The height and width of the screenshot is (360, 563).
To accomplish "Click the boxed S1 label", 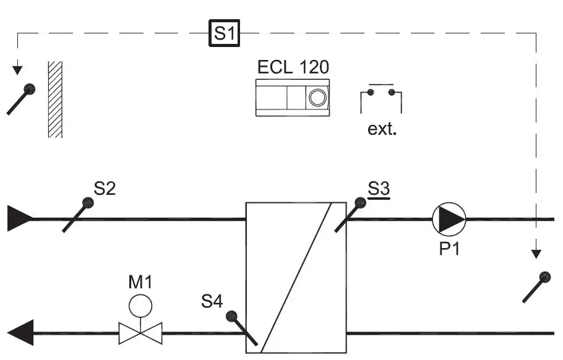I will (225, 33).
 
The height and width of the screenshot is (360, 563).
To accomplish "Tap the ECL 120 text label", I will (293, 67).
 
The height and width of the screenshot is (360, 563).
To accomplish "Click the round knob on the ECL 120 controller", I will (319, 98).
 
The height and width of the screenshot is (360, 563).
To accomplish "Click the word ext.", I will (381, 131).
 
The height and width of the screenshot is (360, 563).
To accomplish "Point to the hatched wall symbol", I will (56, 99).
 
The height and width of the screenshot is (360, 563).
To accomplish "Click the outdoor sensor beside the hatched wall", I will (28, 90).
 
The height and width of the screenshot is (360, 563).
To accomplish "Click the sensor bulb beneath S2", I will (88, 202).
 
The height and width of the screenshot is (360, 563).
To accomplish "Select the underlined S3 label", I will (379, 188).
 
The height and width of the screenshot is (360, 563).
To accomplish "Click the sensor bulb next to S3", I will (359, 202).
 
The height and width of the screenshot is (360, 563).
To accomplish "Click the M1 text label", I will (140, 283).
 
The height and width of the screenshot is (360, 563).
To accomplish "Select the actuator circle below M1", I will (140, 305).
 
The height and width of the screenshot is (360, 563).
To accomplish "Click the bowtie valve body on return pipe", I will (140, 333).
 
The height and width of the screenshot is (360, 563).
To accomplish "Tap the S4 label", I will (212, 302).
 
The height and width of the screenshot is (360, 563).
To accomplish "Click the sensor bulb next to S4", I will (232, 317).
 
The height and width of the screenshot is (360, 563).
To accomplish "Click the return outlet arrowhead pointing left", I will (21, 333).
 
